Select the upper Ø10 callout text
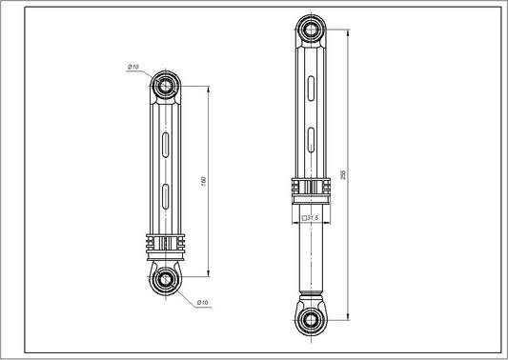pos(132,67)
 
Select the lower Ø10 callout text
pos(202,303)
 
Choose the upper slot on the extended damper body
pos(310,88)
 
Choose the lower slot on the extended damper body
pos(310,140)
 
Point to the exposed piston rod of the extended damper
pos(310,252)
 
